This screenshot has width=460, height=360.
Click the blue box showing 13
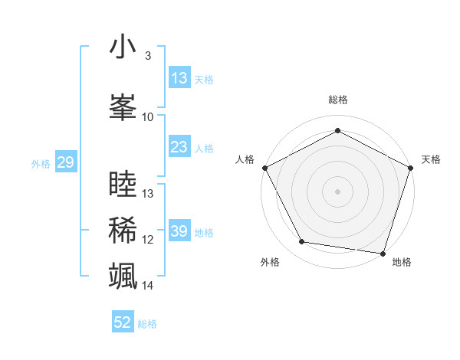pyautogui.click(x=179, y=78)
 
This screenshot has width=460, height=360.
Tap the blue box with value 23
pyautogui.click(x=179, y=148)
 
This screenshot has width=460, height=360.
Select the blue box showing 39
pyautogui.click(x=179, y=232)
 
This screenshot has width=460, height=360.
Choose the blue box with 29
pyautogui.click(x=65, y=162)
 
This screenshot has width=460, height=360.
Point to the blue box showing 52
pyautogui.click(x=123, y=322)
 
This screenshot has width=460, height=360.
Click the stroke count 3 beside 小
pyautogui.click(x=148, y=56)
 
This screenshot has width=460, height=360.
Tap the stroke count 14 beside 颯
pyautogui.click(x=148, y=286)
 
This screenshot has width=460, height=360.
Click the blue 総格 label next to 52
pyautogui.click(x=147, y=324)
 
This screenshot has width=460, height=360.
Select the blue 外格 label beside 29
pyautogui.click(x=40, y=163)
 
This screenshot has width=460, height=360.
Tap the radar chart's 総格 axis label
pyautogui.click(x=338, y=100)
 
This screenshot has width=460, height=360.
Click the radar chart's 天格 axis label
pyautogui.click(x=431, y=159)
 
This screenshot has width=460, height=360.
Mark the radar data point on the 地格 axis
pyautogui.click(x=383, y=253)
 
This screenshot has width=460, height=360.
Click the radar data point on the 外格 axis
pyautogui.click(x=302, y=242)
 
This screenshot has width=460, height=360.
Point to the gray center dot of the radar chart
pyautogui.click(x=338, y=191)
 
